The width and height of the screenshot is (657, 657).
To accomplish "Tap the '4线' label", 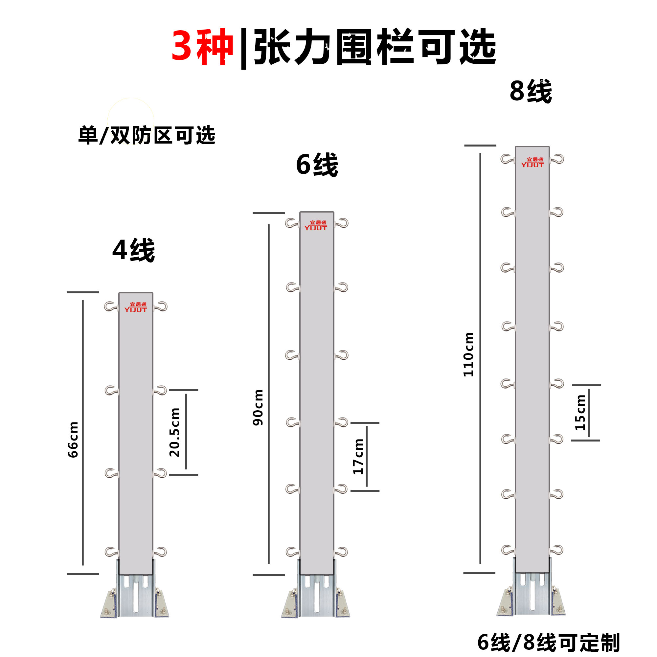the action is click(x=134, y=250).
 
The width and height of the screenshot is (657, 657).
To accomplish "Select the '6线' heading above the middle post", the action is click(x=317, y=165).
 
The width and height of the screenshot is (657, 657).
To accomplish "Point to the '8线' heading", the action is click(x=531, y=91).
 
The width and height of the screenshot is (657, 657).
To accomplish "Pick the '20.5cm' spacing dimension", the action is click(x=174, y=432).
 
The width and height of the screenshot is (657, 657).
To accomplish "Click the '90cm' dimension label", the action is click(x=258, y=408).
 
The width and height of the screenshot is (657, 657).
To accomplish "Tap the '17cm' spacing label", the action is click(x=358, y=457).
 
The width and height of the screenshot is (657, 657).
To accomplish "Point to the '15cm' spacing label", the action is click(x=580, y=413).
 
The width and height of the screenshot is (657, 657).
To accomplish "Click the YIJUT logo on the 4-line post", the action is click(x=136, y=307).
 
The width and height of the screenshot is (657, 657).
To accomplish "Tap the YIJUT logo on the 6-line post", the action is click(x=316, y=225).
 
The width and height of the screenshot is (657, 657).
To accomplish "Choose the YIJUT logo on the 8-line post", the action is click(x=532, y=162).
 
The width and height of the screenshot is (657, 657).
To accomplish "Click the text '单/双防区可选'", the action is click(x=147, y=135).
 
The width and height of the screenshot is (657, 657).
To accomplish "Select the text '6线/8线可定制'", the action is click(x=549, y=642).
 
